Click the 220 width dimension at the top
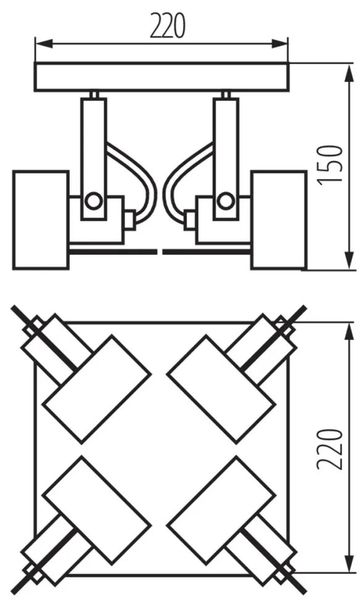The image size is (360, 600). [167, 26]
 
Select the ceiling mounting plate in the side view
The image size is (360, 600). [161, 77]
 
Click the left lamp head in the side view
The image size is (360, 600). [41, 220]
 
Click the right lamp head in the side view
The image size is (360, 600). [279, 220]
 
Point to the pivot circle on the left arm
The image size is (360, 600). [93, 200]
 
